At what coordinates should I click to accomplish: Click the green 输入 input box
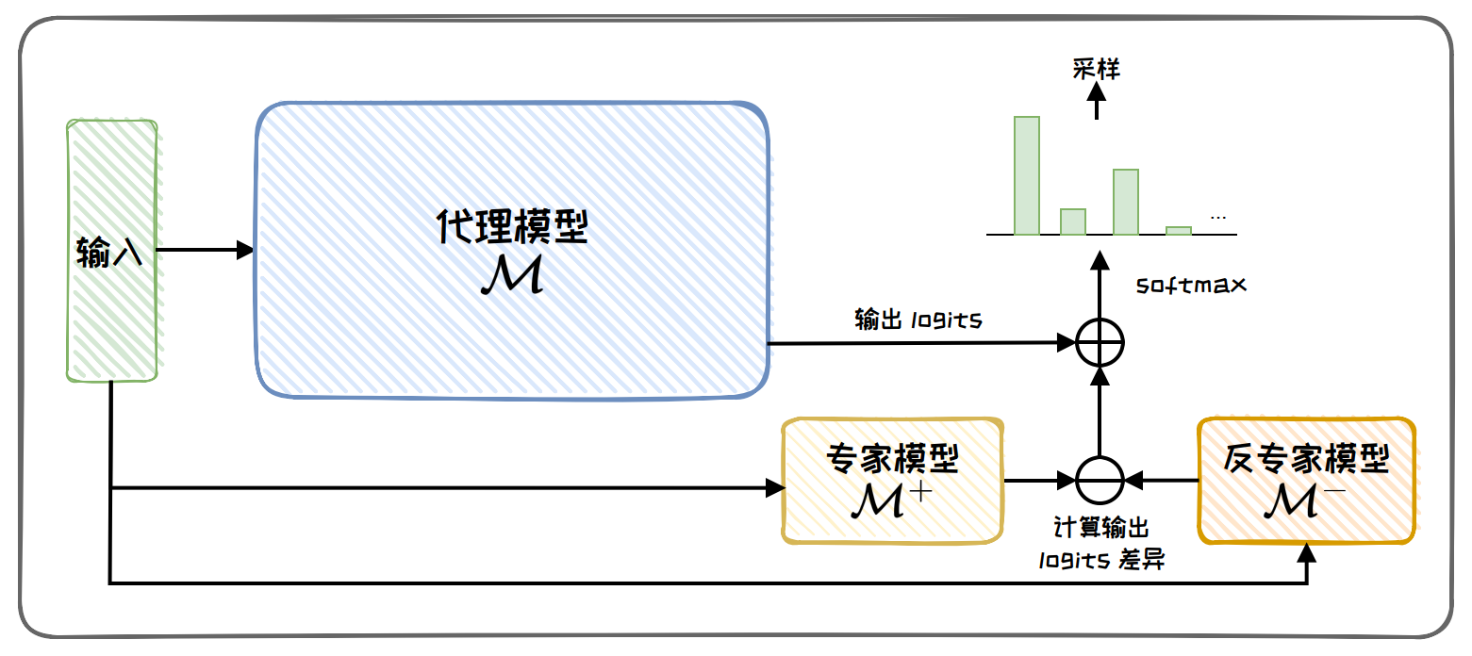pyautogui.click(x=111, y=251)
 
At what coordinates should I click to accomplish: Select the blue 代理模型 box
pyautogui.click(x=512, y=250)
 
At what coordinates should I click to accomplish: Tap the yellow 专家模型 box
pyautogui.click(x=891, y=481)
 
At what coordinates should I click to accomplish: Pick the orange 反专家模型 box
pyautogui.click(x=1306, y=481)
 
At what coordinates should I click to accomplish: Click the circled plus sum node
pyautogui.click(x=1100, y=343)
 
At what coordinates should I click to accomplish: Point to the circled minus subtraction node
pyautogui.click(x=1100, y=481)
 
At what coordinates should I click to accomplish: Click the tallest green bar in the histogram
pyautogui.click(x=1026, y=175)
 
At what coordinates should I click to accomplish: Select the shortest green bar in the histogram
pyautogui.click(x=1178, y=230)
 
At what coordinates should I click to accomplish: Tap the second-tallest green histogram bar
pyautogui.click(x=1125, y=202)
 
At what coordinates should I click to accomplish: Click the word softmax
pyautogui.click(x=1191, y=283)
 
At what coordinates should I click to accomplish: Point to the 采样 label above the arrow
pyautogui.click(x=1096, y=69)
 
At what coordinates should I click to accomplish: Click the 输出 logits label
pyautogui.click(x=918, y=320)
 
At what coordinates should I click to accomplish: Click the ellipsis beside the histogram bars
pyautogui.click(x=1217, y=219)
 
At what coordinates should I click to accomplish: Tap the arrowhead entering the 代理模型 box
pyautogui.click(x=245, y=250)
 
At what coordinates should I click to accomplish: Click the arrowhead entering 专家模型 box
pyautogui.click(x=775, y=487)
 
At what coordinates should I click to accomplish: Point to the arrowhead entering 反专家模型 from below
pyautogui.click(x=1306, y=552)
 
